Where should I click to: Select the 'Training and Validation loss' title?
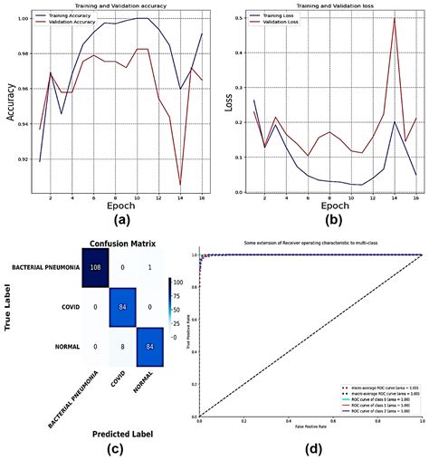tap(322, 6)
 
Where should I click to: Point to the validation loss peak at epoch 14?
tap(395, 20)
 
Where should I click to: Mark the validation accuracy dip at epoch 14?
tap(180, 184)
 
